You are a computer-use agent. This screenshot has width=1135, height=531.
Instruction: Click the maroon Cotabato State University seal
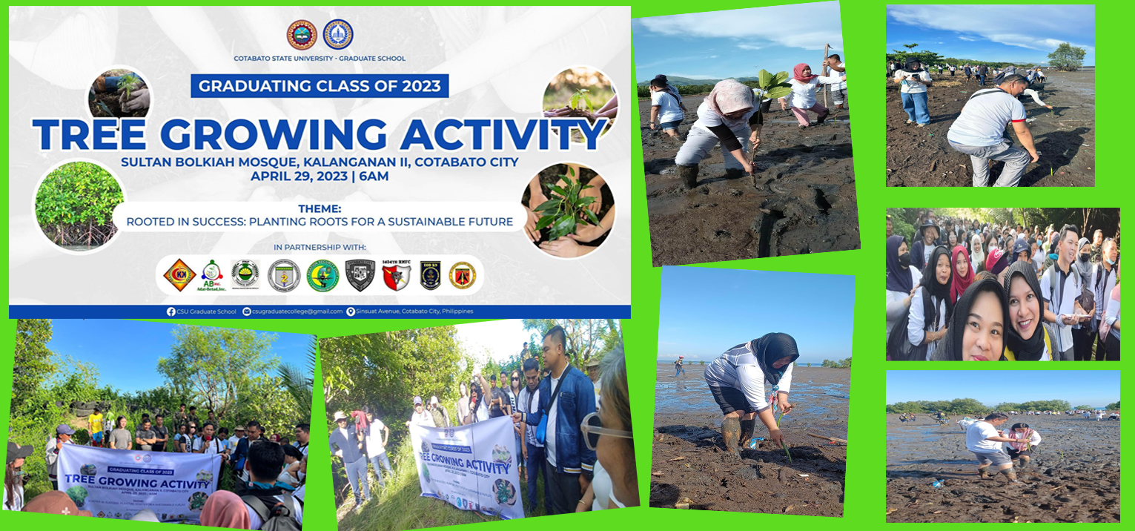[302, 35]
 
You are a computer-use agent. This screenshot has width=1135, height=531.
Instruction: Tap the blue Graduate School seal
[338, 35]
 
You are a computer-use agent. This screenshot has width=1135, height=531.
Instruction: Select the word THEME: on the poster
[320, 209]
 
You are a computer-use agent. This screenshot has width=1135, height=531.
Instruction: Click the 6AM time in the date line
[373, 177]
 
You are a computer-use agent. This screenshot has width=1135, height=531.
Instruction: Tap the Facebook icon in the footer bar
[171, 311]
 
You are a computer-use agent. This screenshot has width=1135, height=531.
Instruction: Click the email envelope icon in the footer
[248, 311]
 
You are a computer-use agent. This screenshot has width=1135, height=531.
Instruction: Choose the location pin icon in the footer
[351, 311]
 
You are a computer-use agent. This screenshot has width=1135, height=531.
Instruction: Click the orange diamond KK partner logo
[179, 275]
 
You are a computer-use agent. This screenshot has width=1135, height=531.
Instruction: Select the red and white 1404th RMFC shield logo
[396, 275]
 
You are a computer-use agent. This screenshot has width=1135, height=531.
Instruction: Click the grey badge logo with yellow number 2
[284, 275]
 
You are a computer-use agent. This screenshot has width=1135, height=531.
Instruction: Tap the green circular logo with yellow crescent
[322, 275]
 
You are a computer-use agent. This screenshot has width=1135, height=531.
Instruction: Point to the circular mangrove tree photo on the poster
[79, 204]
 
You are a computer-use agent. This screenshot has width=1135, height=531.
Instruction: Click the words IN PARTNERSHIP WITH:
[320, 247]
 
